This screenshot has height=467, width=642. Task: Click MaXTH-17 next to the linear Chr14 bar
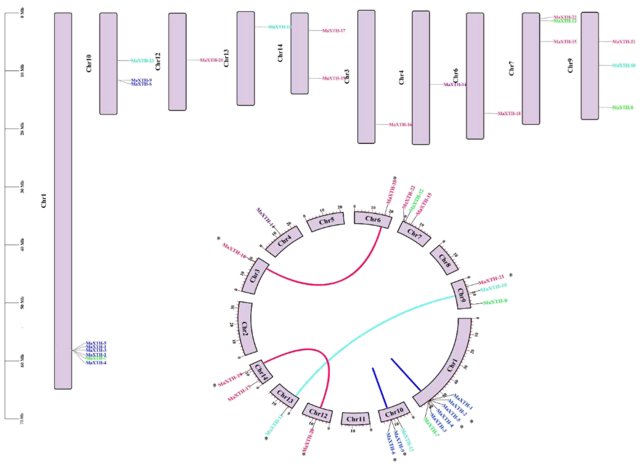(x=334, y=31)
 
